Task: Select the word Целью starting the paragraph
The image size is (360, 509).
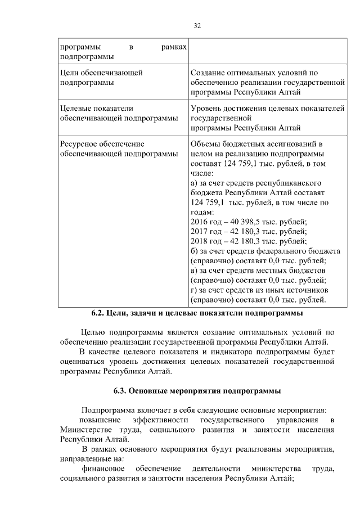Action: tap(93, 332)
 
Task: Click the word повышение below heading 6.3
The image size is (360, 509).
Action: tap(100, 420)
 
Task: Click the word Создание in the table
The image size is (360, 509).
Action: tap(208, 73)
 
